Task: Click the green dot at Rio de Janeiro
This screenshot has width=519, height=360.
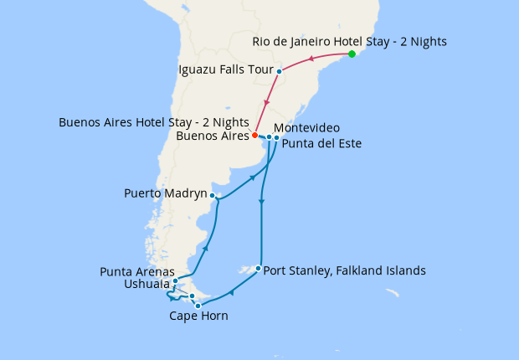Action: click(x=352, y=54)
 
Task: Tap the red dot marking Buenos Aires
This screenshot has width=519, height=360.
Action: click(x=254, y=135)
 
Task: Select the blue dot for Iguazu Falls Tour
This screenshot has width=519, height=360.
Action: click(x=279, y=71)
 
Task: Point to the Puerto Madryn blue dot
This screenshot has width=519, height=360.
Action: click(x=213, y=196)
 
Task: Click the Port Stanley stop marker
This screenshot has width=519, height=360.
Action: click(x=258, y=269)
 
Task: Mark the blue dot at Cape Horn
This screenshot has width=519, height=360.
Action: click(x=198, y=306)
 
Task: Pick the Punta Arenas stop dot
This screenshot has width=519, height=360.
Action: click(x=175, y=281)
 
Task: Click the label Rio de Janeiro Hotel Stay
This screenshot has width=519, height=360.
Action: click(x=350, y=41)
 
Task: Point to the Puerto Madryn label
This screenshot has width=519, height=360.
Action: click(x=165, y=193)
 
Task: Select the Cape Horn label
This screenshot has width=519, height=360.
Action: click(x=198, y=316)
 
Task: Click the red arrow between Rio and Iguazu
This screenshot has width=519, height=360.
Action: click(x=311, y=59)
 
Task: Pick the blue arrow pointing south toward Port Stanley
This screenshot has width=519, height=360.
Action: click(x=262, y=202)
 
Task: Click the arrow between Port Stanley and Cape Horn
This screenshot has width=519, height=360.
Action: click(x=230, y=292)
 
